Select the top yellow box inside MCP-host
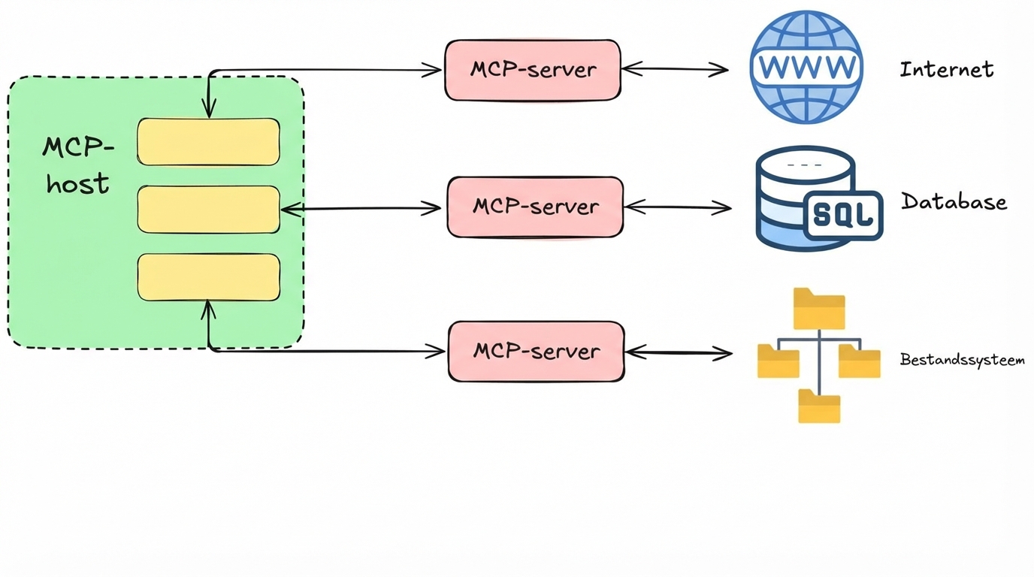point(208,141)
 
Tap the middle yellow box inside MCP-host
point(208,210)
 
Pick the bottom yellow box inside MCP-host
point(208,277)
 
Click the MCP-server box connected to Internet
point(533,70)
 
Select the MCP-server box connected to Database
point(535,207)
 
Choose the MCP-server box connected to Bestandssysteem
point(536,351)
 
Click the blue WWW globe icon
point(806,67)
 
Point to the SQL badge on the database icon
point(844,215)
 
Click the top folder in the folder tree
point(819,309)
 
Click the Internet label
point(946,70)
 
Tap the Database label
point(954,201)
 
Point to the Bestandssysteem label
point(962,360)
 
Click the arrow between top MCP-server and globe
point(675,69)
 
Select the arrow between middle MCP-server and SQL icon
point(677,207)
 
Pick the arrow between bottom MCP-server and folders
point(678,352)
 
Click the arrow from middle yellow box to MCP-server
point(361,209)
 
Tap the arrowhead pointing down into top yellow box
point(209,110)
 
